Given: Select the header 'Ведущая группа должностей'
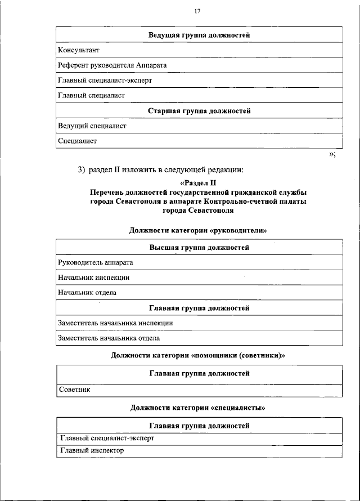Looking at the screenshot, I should click(x=199, y=35).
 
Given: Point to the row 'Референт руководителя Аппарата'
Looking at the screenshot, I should click(x=112, y=65).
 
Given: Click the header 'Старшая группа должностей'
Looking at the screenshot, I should click(x=199, y=111).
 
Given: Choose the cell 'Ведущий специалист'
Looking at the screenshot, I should click(x=92, y=126).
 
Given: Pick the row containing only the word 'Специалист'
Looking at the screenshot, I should click(x=77, y=141).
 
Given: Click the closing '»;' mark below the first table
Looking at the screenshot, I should click(x=332, y=155).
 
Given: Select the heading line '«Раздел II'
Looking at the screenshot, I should click(x=199, y=183).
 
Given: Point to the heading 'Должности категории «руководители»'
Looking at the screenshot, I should click(x=198, y=230).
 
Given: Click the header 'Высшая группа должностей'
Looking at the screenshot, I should click(x=199, y=247).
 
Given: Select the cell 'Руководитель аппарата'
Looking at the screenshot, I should click(x=95, y=262).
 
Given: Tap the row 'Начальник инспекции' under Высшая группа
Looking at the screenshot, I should click(x=93, y=278).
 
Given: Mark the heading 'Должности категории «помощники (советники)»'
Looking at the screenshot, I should click(x=199, y=355).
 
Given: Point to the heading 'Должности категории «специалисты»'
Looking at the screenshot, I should click(x=198, y=408).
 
